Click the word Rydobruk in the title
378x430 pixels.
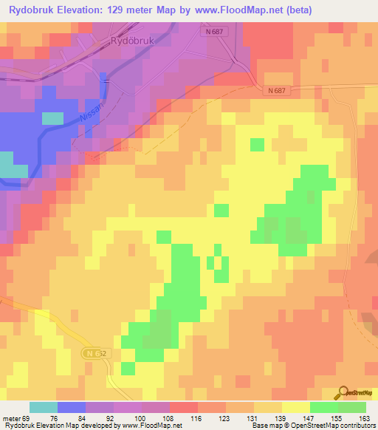tap(35, 10)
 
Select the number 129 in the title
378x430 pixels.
tap(131, 10)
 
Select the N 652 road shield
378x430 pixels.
tap(92, 353)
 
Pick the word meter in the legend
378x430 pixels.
tap(12, 418)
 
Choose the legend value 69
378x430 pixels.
tap(27, 418)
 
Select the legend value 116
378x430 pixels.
tap(197, 418)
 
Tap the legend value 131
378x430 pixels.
tap(253, 418)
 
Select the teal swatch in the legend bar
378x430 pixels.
tap(44, 407)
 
